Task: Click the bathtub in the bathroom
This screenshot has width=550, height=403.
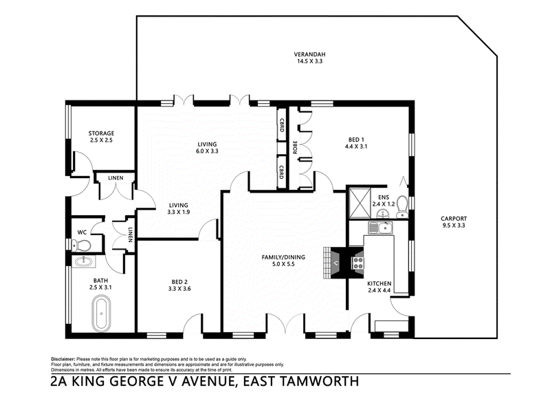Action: click(101, 314)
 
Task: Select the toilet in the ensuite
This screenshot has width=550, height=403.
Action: click(401, 206)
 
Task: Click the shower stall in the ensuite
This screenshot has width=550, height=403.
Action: click(360, 203)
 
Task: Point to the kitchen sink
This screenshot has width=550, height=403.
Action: click(381, 228)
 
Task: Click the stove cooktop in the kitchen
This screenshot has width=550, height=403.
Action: click(358, 263)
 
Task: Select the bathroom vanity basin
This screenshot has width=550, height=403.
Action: click(83, 261)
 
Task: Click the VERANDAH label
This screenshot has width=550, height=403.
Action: click(310, 54)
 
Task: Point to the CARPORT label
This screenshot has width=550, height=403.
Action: click(454, 219)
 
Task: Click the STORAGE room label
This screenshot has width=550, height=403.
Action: click(101, 133)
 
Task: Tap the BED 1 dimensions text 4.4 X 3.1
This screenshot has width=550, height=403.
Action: click(356, 146)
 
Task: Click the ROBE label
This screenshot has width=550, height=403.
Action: click(295, 147)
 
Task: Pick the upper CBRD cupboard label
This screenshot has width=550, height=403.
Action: click(281, 125)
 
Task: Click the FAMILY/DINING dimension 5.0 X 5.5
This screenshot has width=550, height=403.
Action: click(283, 264)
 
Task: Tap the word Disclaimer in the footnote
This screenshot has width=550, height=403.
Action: click(63, 359)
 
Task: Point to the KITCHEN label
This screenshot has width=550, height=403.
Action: click(379, 283)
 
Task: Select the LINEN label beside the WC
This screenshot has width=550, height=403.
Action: click(130, 235)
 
